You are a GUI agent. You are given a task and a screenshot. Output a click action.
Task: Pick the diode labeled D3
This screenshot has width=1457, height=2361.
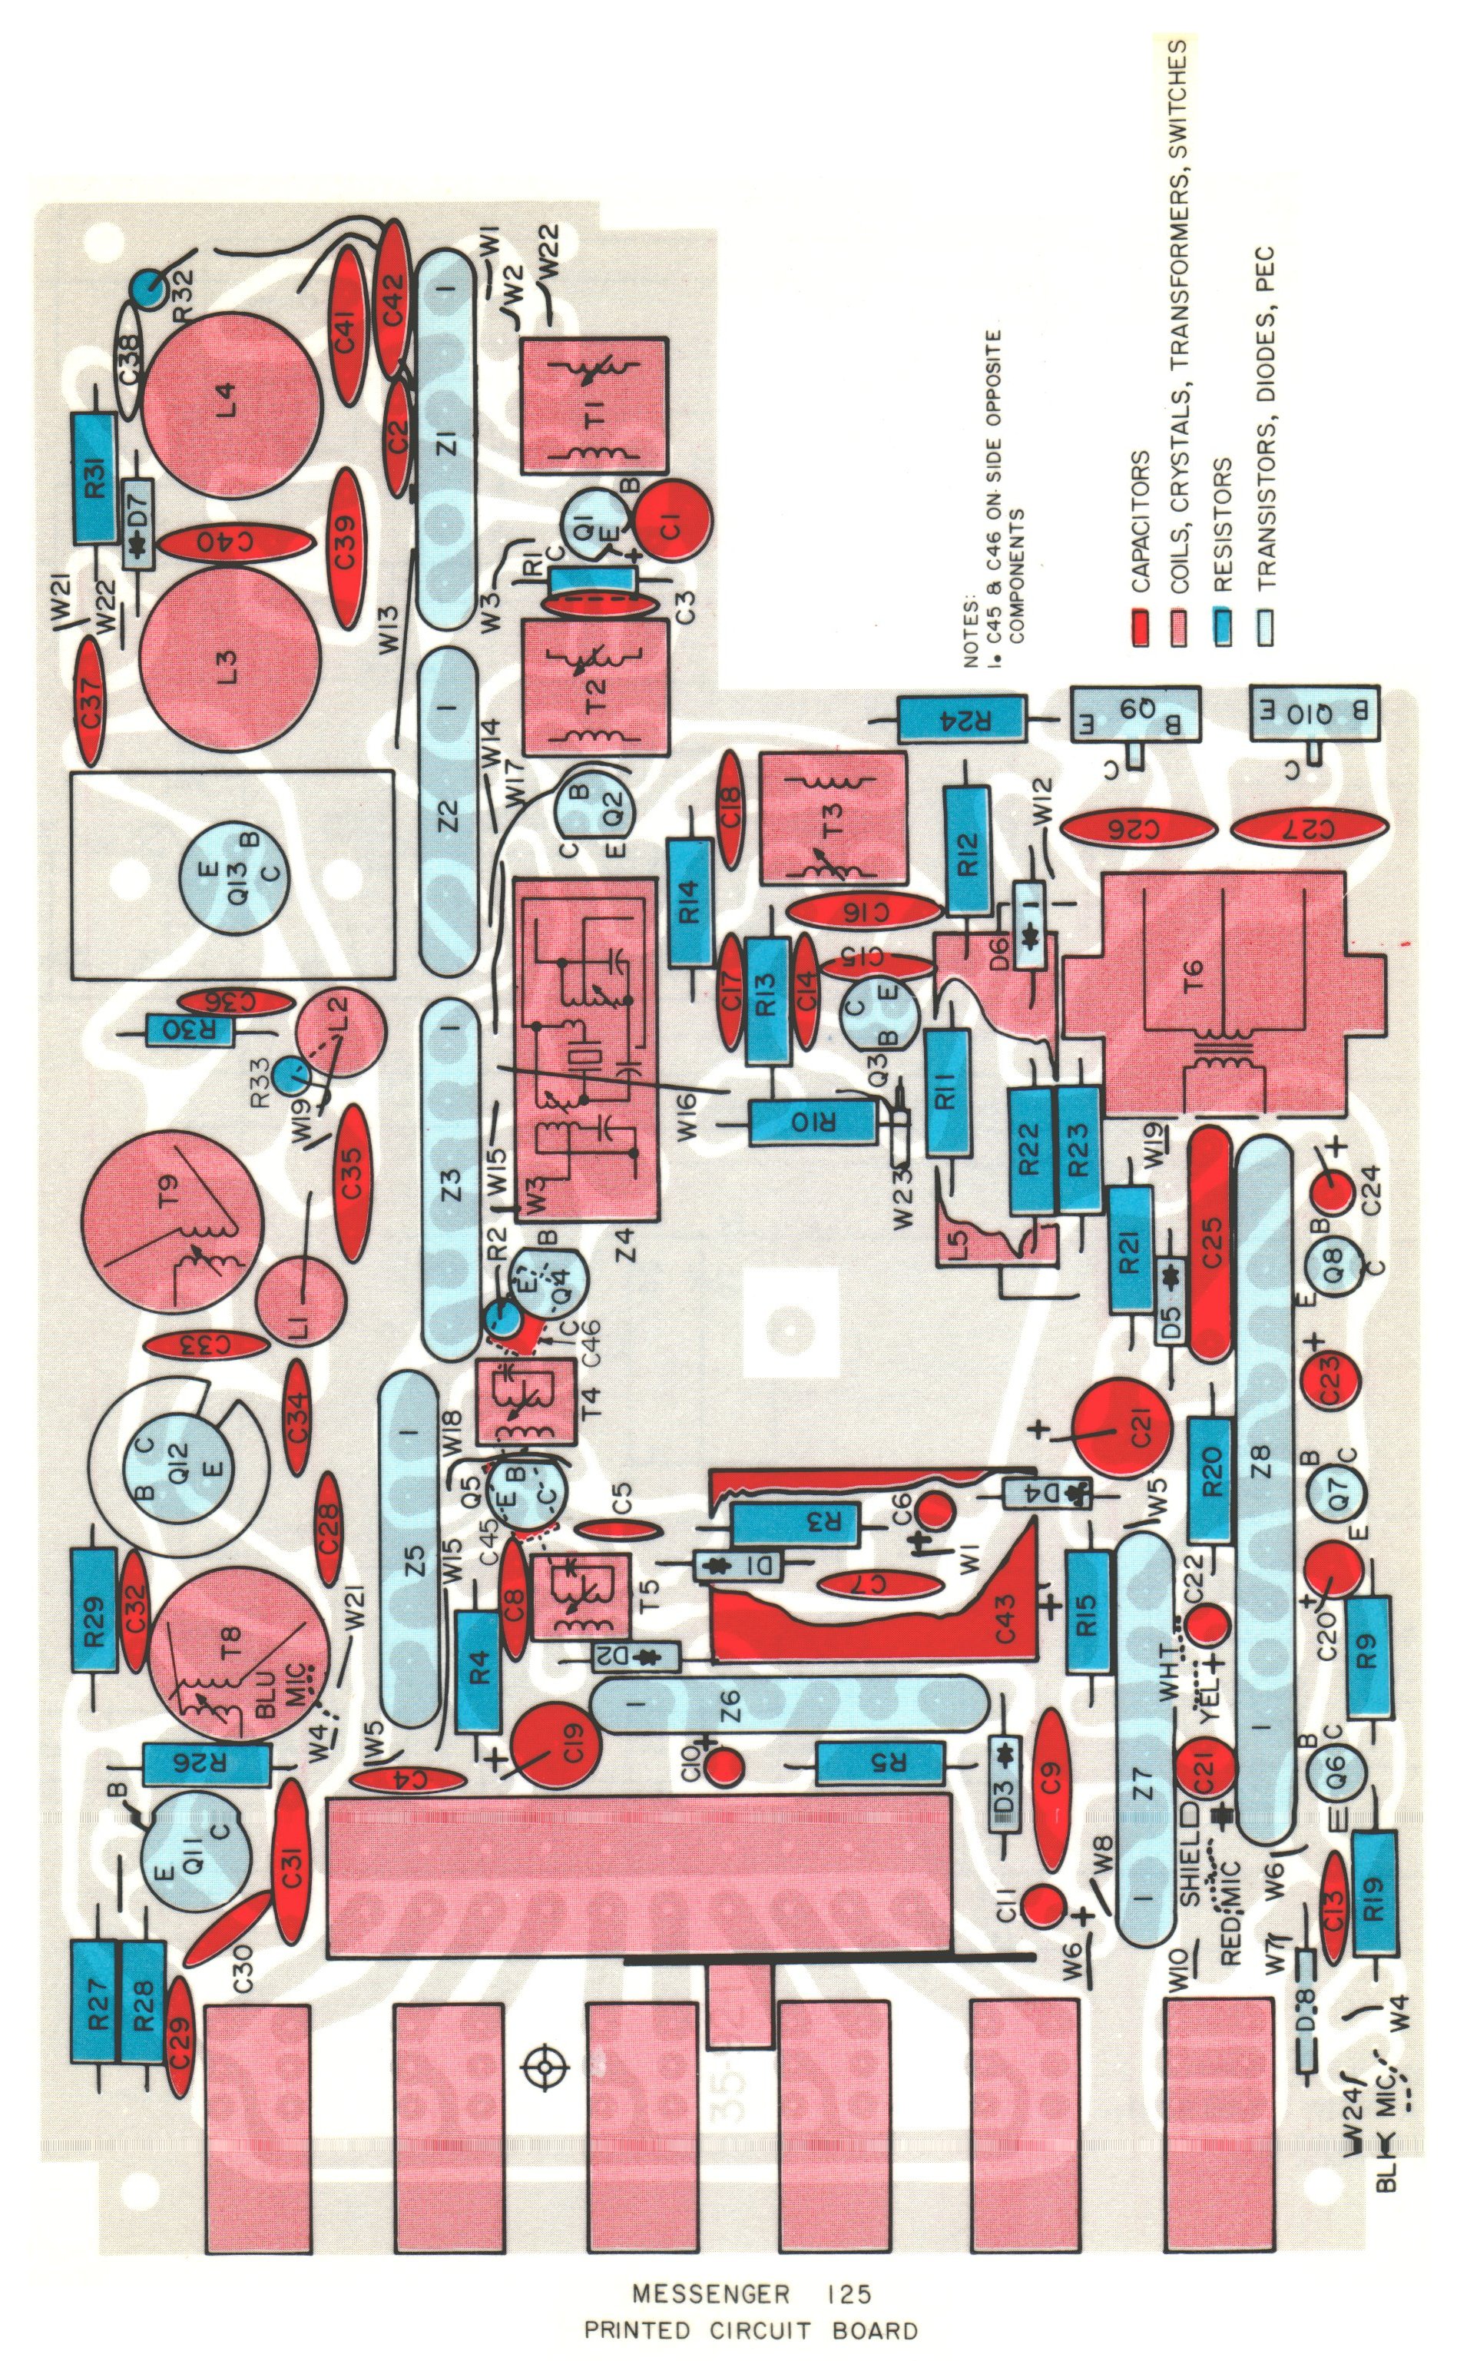(x=1004, y=1782)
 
